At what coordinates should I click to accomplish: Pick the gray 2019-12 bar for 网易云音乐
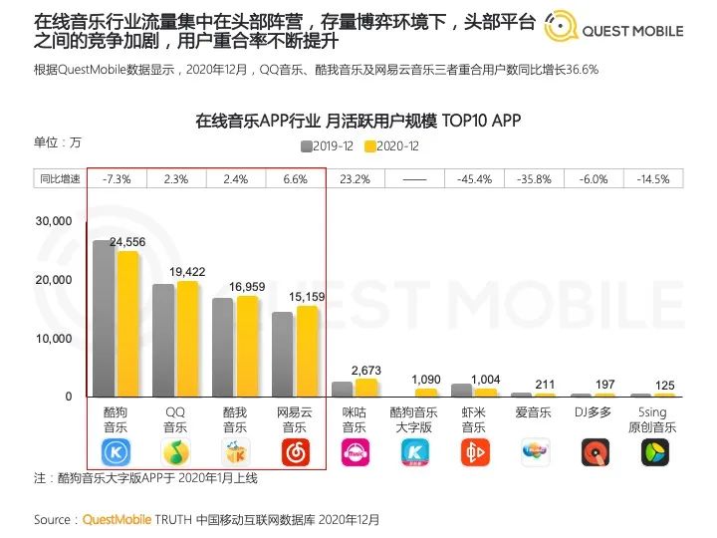[x=283, y=354]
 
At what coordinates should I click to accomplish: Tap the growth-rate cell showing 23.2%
[x=355, y=179]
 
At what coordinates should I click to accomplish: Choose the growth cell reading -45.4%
[x=474, y=179]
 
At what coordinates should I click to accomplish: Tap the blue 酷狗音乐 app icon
[x=117, y=453]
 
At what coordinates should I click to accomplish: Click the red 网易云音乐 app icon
[x=295, y=453]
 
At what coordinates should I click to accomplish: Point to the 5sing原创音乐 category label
[x=654, y=418]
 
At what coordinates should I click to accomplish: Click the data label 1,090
[x=426, y=381]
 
